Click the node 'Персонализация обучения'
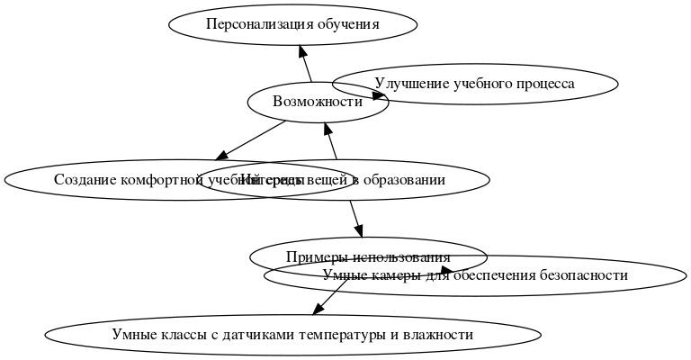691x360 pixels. click(x=292, y=24)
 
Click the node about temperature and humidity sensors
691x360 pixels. click(x=292, y=335)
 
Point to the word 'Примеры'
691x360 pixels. click(x=311, y=257)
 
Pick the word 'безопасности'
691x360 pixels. click(x=582, y=275)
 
